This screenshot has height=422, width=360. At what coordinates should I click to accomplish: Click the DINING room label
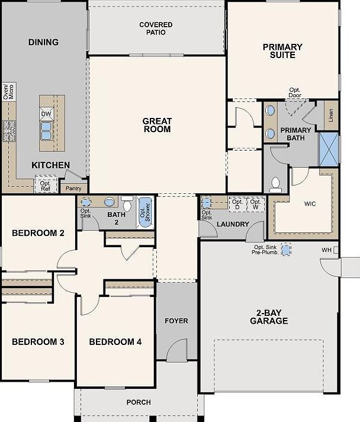(44, 42)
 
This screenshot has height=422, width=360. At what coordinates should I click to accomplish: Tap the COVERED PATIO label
(156, 28)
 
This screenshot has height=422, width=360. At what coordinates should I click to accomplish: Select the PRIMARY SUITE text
(282, 51)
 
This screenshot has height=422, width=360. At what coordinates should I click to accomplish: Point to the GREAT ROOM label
(157, 125)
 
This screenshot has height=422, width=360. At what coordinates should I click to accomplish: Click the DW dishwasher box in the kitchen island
(46, 113)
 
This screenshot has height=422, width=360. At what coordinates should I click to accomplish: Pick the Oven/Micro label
(9, 92)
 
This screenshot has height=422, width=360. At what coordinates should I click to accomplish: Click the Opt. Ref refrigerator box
(45, 186)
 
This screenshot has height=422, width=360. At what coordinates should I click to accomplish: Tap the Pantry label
(73, 188)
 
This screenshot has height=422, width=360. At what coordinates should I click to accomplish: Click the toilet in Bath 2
(127, 202)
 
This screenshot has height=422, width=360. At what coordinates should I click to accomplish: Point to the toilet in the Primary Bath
(275, 184)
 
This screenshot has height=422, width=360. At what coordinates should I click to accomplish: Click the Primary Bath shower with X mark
(328, 149)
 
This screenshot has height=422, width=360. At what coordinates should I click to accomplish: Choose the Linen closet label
(330, 115)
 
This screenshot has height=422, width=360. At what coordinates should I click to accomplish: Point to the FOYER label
(176, 321)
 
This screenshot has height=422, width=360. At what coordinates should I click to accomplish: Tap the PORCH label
(139, 402)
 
